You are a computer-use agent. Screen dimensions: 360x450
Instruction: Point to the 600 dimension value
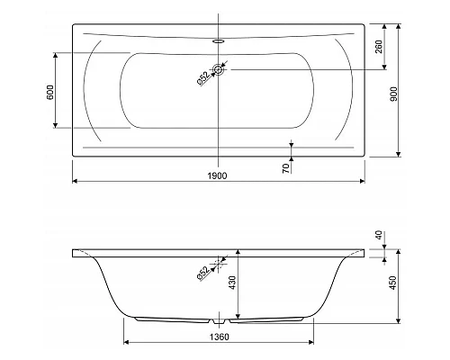50,91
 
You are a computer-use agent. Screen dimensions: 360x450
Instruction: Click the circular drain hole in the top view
219,68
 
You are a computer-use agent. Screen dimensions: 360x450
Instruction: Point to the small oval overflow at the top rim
219,40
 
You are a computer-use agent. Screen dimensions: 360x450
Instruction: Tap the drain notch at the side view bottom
219,319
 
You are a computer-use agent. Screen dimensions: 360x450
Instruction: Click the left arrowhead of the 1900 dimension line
75,183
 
